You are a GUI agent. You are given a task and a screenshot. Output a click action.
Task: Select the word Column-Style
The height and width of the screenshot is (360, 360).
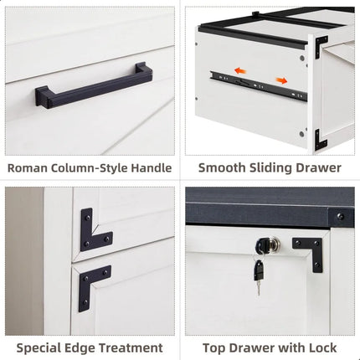(x=88, y=167)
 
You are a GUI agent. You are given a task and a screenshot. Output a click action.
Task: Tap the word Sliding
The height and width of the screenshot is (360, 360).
(x=270, y=167)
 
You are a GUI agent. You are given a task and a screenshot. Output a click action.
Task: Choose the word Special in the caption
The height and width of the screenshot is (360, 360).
(x=42, y=347)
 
